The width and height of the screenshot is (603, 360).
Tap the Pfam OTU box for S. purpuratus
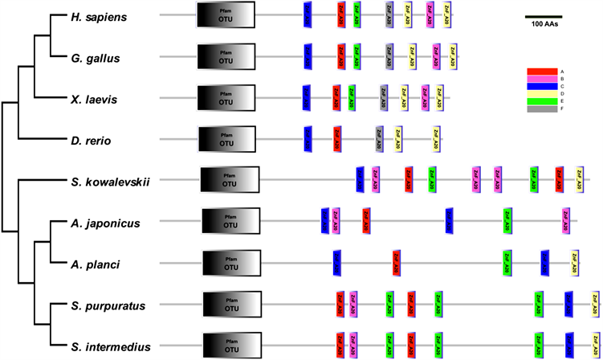pyautogui.click(x=233, y=305)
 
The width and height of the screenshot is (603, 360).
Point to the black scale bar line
pyautogui.click(x=544, y=15)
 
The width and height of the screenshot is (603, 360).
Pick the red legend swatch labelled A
pyautogui.click(x=542, y=72)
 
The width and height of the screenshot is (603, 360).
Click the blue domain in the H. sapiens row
pyautogui.click(x=308, y=15)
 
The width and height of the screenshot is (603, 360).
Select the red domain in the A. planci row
pyautogui.click(x=397, y=262)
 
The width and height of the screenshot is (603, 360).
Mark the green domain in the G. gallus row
pyautogui.click(x=354, y=56)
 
